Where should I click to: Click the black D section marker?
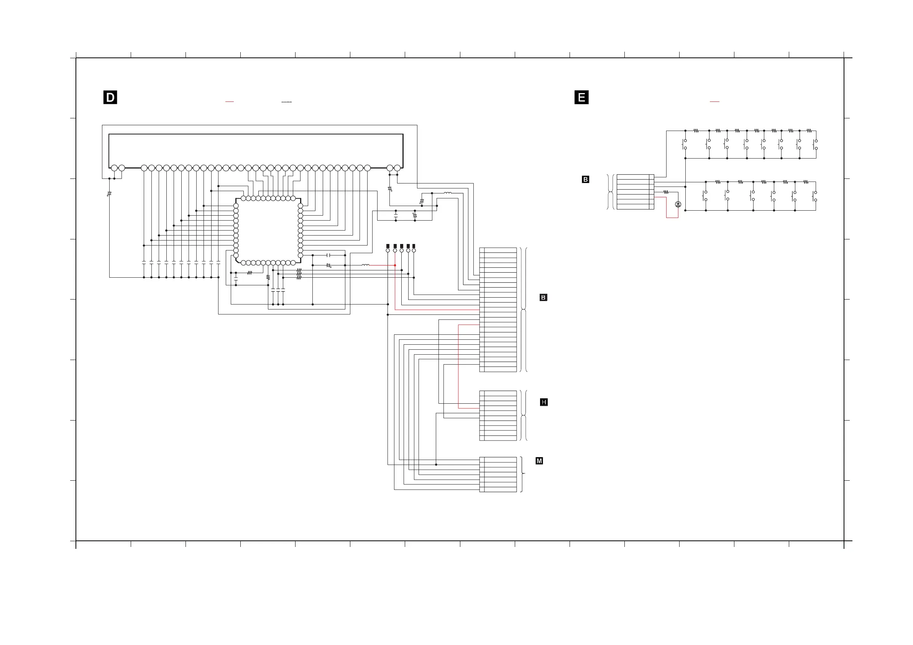(x=110, y=97)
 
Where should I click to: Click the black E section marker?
(x=581, y=97)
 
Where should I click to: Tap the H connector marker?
(x=544, y=402)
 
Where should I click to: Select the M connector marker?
(x=539, y=461)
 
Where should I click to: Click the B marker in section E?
(x=585, y=180)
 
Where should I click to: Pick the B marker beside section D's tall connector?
(x=543, y=298)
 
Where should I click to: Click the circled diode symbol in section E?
(x=678, y=204)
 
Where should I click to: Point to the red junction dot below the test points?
(x=395, y=265)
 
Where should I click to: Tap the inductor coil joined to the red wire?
(x=366, y=265)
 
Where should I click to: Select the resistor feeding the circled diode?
(x=666, y=192)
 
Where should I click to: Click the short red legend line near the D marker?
(x=230, y=102)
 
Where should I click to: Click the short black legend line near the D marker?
(x=286, y=102)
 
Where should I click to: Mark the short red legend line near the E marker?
(x=714, y=102)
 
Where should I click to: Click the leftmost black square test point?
(x=388, y=246)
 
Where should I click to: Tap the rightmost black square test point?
(x=414, y=246)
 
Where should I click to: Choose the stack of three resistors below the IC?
(x=299, y=274)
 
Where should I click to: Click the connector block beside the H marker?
(x=498, y=416)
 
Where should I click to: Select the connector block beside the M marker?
(x=498, y=475)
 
